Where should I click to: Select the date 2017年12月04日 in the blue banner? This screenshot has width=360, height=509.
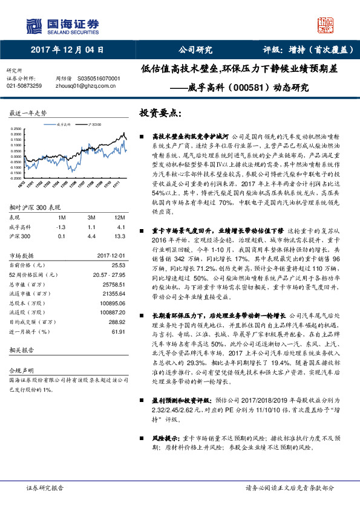(x=67, y=50)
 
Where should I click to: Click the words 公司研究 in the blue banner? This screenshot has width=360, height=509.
(x=195, y=50)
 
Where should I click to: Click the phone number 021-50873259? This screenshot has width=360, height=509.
(x=24, y=86)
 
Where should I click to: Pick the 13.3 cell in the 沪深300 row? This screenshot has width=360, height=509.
(x=119, y=237)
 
